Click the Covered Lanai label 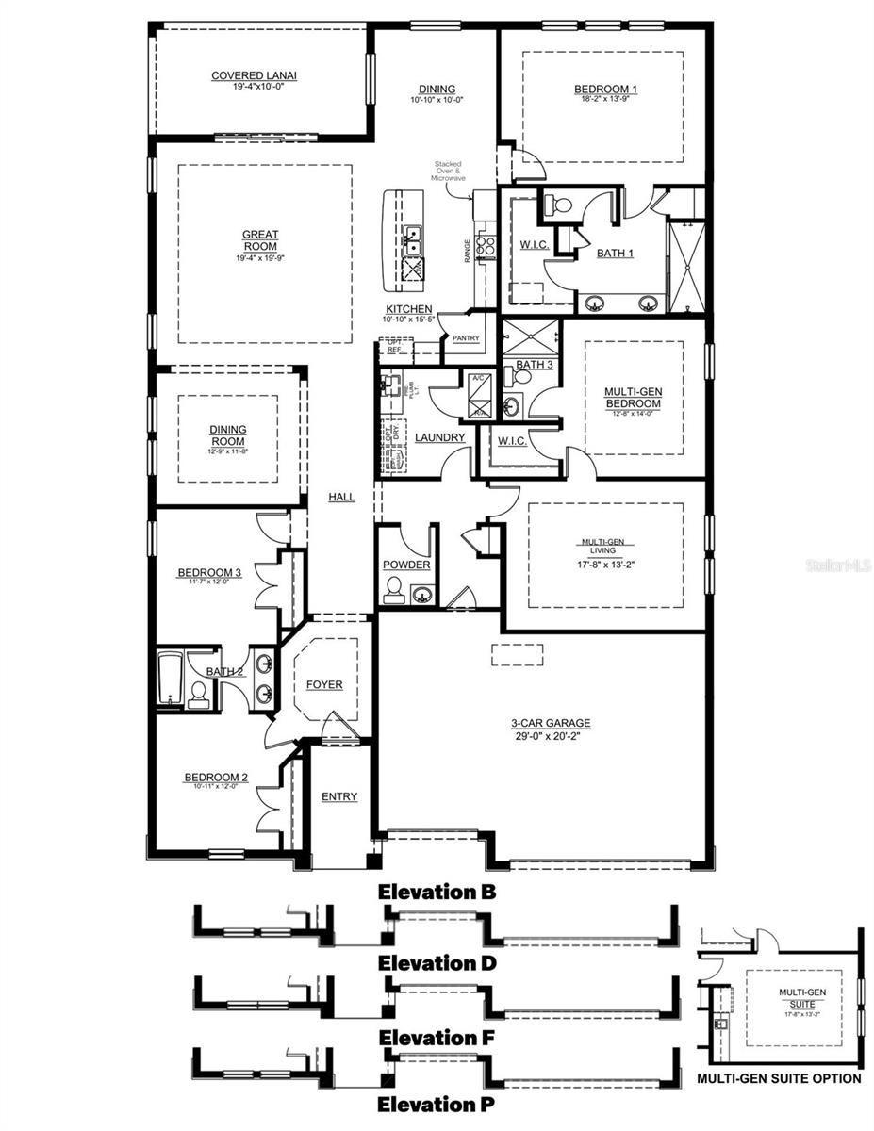point(248,75)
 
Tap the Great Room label point(259,240)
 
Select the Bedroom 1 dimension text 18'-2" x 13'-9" point(605,100)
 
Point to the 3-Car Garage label point(551,723)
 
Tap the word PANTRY point(465,338)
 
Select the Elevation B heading point(437,891)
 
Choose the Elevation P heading point(437,1104)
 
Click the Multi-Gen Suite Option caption point(778,1078)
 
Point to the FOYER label point(324,684)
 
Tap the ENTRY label point(339,796)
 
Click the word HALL point(341,496)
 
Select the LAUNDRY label point(439,438)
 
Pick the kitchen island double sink point(412,240)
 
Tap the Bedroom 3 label point(210,572)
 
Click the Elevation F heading point(437,1037)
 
